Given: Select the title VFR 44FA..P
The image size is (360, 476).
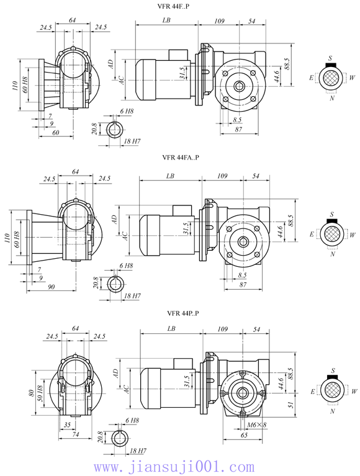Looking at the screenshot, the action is point(180,157).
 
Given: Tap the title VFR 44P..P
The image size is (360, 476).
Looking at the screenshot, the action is point(182,313).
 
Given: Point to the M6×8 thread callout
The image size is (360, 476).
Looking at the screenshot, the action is point(257,424).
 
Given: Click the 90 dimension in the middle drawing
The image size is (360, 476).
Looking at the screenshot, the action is point(52,287).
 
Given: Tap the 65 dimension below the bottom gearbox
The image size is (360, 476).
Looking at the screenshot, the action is point(244,435).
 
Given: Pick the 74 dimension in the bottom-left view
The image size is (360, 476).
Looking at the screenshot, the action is point(75,434).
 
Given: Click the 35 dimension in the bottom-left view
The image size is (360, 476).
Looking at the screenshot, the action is point(67,425).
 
